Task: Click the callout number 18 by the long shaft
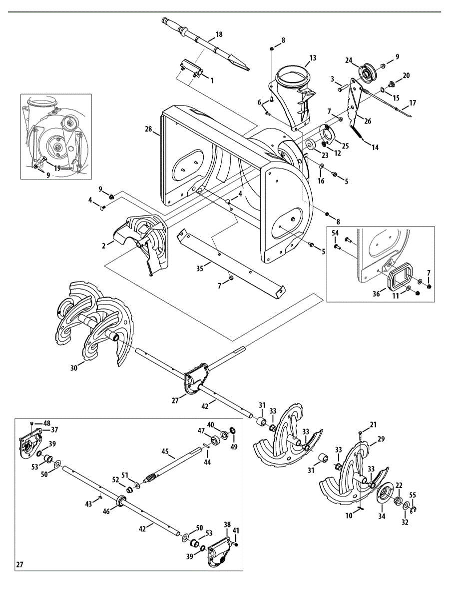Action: tap(218, 35)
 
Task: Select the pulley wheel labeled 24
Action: tap(368, 73)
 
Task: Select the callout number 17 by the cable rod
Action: tap(412, 103)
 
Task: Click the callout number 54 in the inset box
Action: tap(335, 234)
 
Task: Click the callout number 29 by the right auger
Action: tap(381, 439)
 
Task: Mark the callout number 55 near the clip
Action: tap(412, 494)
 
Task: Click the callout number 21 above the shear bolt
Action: tap(373, 424)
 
